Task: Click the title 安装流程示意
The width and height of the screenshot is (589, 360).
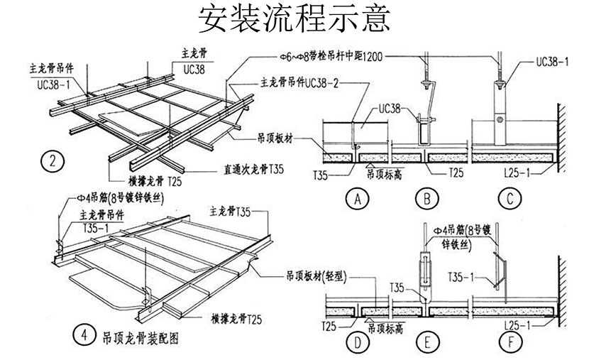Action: click(294, 20)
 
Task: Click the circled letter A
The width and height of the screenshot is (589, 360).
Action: click(358, 200)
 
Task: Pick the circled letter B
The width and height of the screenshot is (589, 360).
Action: click(426, 200)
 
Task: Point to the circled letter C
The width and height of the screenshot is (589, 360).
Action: click(510, 200)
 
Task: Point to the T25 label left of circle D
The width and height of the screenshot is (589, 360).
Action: click(328, 326)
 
